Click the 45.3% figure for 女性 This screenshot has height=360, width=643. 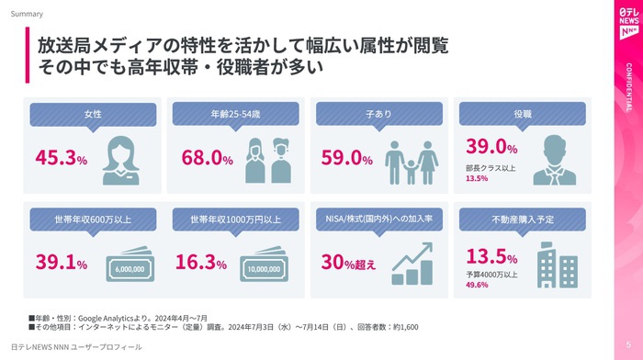pos(62,157)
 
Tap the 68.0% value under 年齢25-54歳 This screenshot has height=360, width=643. pos(207,157)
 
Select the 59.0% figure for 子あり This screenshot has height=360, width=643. pos(347,157)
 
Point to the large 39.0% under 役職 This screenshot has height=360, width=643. pos(491,146)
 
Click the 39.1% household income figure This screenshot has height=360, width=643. pos(62,262)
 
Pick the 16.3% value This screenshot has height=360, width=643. pos(201,262)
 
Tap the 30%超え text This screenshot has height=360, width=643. pos(348,263)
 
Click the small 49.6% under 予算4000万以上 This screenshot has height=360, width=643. pos(477,285)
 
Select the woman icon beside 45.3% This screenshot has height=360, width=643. pos(120,161)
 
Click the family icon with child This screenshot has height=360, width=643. pos(412,163)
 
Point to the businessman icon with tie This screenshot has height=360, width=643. pos(555,160)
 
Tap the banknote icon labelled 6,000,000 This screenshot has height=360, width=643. pos(130,264)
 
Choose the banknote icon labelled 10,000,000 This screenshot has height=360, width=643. pos(265,264)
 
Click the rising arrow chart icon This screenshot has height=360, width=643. pos(412,264)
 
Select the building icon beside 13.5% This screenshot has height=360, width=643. pos(558,264)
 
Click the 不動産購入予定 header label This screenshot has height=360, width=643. pos(523,219)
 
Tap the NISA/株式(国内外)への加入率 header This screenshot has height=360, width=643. pos(378,219)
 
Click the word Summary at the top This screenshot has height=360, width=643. pos(27,14)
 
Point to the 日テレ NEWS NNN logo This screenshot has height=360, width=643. pos(628,23)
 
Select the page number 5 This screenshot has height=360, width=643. pos(628,344)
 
